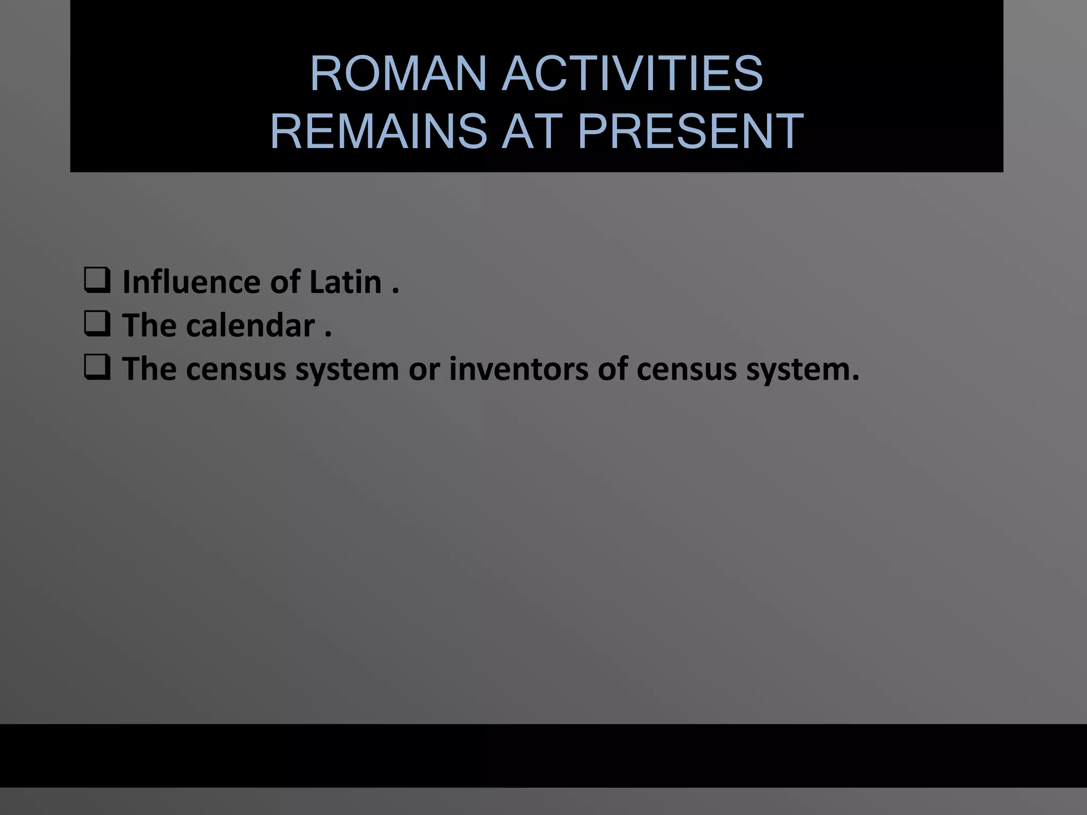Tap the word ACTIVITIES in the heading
(x=632, y=74)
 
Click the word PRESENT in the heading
(x=690, y=131)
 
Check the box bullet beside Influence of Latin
(x=97, y=281)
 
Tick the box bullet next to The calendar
(x=97, y=324)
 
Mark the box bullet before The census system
(x=97, y=368)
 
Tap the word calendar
(x=251, y=325)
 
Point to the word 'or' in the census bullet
(x=424, y=370)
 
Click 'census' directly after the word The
(x=236, y=370)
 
